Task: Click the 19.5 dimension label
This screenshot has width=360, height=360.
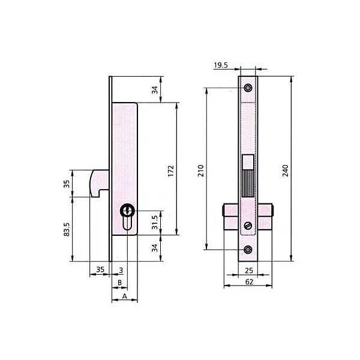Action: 221,65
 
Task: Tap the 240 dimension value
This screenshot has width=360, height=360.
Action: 286,170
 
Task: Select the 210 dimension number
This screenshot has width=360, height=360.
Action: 201,170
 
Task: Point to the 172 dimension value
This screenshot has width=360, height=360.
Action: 171,171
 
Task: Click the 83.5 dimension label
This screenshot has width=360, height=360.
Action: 67,229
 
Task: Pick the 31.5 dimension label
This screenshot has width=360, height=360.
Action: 155,222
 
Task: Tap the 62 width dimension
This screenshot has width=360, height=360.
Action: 249,282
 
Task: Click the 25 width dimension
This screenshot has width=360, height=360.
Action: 249,271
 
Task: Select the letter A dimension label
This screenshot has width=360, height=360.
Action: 124,296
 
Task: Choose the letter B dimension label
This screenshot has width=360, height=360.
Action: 119,283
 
